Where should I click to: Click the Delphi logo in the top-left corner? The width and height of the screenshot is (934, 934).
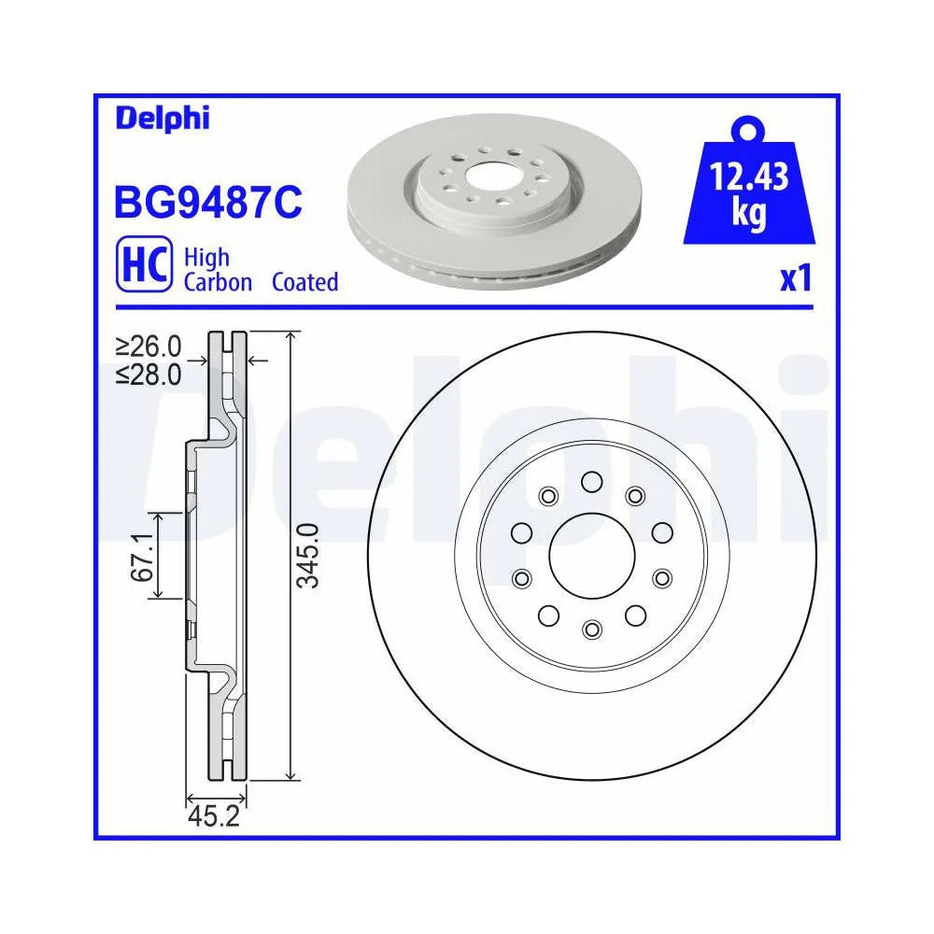point(162,118)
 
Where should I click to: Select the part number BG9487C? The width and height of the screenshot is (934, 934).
point(208,203)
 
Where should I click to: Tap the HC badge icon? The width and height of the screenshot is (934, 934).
point(144,264)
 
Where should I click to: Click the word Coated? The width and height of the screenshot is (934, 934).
point(305,282)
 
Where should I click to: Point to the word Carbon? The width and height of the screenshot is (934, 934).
point(218,282)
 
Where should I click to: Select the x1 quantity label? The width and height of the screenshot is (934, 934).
point(797,278)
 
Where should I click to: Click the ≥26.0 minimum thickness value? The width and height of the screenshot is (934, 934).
point(149,346)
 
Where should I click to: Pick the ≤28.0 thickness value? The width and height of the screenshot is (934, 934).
point(149,375)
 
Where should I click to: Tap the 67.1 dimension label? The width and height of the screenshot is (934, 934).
point(142,558)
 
